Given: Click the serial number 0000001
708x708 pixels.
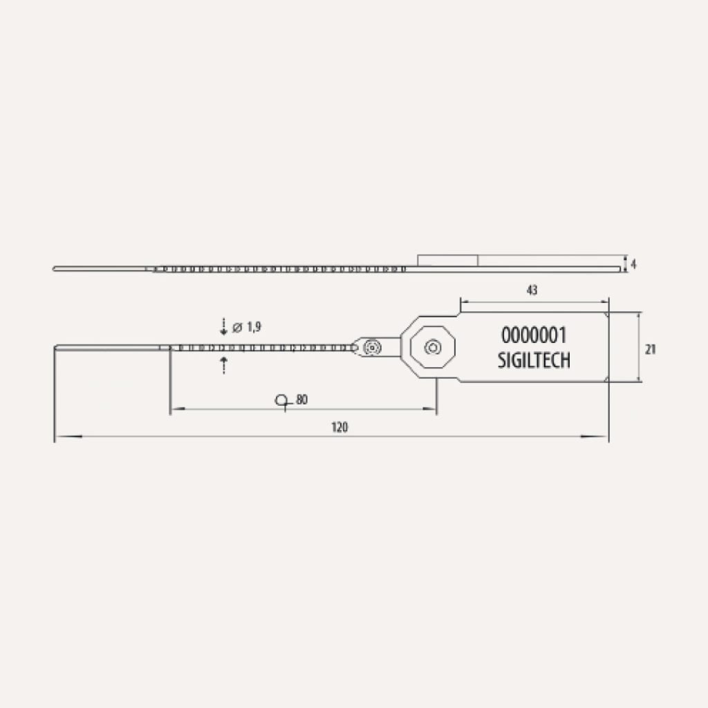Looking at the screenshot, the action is coord(533,335).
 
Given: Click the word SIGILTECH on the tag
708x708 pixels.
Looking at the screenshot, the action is coord(534,360).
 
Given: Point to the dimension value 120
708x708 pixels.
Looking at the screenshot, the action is coord(339,427).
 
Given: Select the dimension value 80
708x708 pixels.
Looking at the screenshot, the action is coord(301,400).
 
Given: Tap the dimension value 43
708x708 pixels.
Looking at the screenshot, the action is coord(532,290).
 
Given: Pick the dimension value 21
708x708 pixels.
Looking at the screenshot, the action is coord(650,349).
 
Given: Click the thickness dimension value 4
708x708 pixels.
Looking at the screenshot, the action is coord(633,264).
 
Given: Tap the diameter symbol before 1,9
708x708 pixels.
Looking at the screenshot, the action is coord(238,327).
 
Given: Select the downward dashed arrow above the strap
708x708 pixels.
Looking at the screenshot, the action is coord(223,326).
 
